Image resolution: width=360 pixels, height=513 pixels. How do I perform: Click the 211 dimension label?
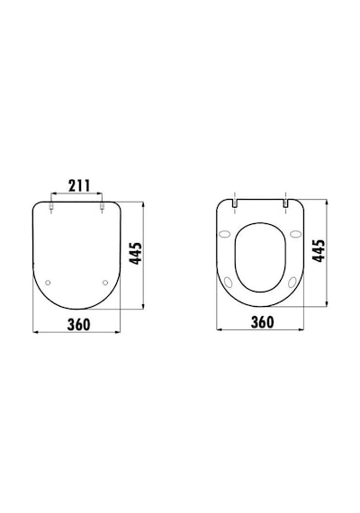tap(79, 185)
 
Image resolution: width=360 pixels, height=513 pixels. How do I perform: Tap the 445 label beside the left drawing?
tap(136, 253)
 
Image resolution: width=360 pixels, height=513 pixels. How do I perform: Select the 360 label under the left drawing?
tap(78, 324)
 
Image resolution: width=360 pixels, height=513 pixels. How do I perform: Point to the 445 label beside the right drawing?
tap(319, 250)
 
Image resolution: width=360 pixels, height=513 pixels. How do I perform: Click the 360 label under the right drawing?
tap(262, 322)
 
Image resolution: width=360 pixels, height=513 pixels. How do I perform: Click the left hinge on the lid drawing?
tap(51, 206)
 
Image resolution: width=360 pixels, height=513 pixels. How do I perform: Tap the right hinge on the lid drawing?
tap(102, 206)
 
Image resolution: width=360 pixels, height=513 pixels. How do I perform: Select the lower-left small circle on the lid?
tap(48, 283)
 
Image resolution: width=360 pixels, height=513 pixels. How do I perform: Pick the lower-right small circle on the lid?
tap(105, 283)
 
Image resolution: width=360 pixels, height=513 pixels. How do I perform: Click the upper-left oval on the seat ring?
tap(224, 234)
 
